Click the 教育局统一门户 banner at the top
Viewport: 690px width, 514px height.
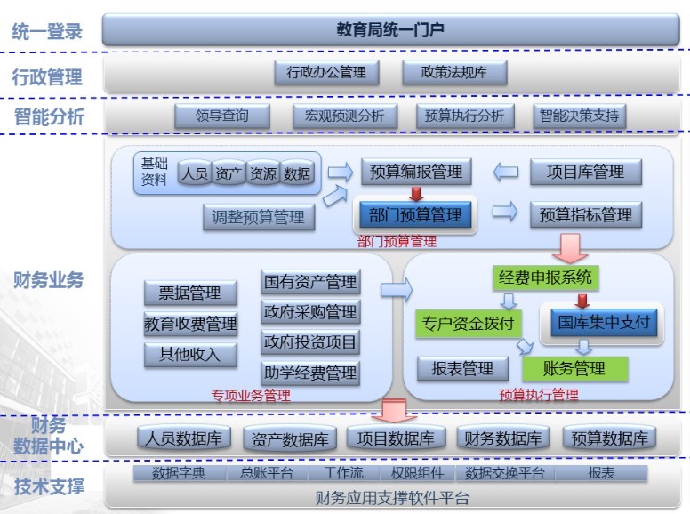click(x=390, y=30)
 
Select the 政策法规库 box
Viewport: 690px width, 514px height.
click(x=454, y=73)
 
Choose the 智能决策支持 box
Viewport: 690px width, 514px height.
click(x=579, y=116)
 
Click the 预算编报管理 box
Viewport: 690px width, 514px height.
click(x=416, y=172)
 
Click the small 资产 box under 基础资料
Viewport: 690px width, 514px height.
click(x=229, y=173)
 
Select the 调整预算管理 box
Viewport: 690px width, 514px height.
click(x=259, y=216)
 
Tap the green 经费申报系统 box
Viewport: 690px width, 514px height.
click(x=544, y=277)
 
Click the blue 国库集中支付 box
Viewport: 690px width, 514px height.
click(x=605, y=322)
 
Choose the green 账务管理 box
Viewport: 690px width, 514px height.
click(x=574, y=368)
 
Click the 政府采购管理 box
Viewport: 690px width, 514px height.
click(x=310, y=312)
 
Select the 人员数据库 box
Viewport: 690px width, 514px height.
click(x=185, y=438)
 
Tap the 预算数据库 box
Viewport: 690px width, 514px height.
click(x=609, y=438)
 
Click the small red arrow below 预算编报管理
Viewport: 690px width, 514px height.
click(x=415, y=192)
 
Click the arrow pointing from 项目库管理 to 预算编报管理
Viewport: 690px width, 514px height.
click(x=506, y=172)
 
